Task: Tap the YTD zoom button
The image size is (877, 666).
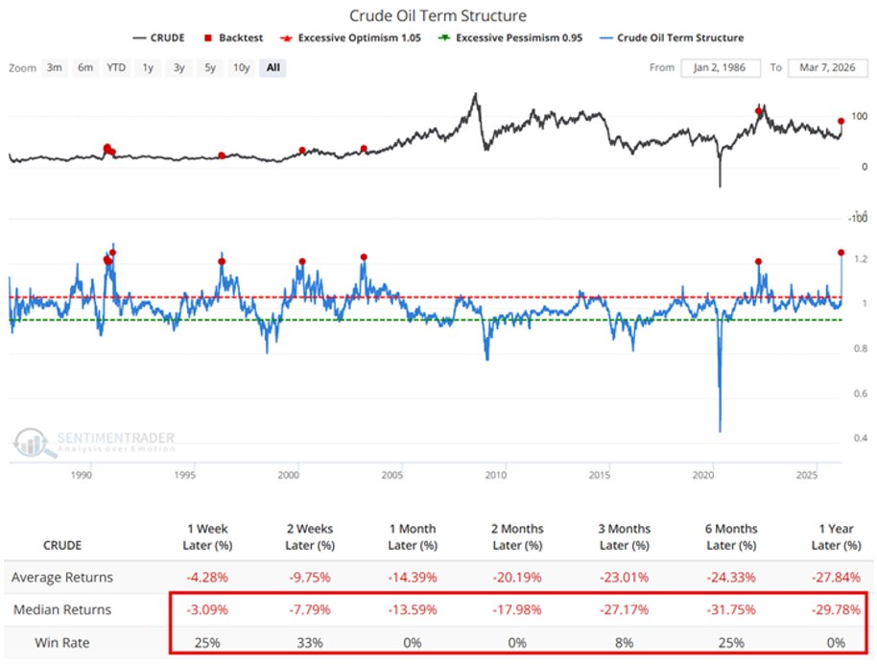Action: pyautogui.click(x=117, y=68)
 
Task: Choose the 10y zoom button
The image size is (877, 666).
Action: pyautogui.click(x=242, y=68)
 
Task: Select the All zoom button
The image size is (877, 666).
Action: pyautogui.click(x=273, y=68)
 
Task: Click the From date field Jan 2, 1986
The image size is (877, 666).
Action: pyautogui.click(x=720, y=68)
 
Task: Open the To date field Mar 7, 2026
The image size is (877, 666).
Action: pyautogui.click(x=827, y=68)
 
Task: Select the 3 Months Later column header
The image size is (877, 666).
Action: pyautogui.click(x=626, y=535)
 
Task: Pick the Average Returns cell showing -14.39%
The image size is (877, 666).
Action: pyautogui.click(x=413, y=578)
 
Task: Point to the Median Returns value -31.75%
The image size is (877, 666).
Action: pyautogui.click(x=731, y=610)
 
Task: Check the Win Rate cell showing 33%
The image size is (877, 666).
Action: pyautogui.click(x=310, y=643)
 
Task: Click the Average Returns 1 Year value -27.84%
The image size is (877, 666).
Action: pyautogui.click(x=837, y=578)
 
